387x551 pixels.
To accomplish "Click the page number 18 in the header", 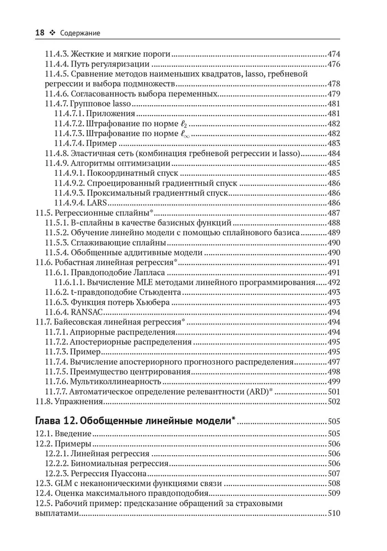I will pos(40,33).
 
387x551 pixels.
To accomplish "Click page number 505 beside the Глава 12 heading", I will pos(333,423).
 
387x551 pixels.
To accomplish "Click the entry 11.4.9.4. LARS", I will pos(84,203).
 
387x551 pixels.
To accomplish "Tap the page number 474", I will pos(334,55).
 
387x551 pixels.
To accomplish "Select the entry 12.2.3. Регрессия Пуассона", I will pos(96,473).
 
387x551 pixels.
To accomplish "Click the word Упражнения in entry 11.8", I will pos(77,401).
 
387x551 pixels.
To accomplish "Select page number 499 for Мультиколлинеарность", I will pos(334,381).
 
